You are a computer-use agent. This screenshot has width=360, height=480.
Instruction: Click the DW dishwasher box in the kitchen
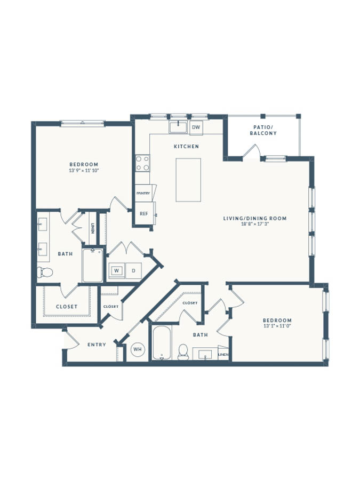tap(196, 127)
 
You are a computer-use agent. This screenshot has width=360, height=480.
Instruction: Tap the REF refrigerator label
tap(144, 214)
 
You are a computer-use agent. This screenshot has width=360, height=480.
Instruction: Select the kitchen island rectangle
tap(188, 180)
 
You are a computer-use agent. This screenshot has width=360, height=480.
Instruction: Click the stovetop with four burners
tap(142, 163)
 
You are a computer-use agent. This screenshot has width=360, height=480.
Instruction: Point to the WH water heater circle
tap(138, 349)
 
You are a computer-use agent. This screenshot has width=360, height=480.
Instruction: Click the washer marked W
tap(117, 270)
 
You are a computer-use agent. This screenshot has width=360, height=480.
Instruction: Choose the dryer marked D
tap(133, 270)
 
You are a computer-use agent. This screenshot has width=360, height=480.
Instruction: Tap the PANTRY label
tap(143, 193)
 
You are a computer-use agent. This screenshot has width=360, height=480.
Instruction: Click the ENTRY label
tap(97, 345)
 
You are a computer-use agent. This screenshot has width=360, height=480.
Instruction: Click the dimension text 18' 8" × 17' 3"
tap(255, 224)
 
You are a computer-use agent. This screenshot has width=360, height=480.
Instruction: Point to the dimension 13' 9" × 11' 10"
tap(84, 171)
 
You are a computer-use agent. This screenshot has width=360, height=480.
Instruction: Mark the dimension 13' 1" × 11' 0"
tap(277, 326)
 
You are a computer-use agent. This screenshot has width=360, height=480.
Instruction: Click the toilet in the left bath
tap(45, 272)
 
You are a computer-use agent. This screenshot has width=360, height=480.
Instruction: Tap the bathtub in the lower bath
tap(161, 343)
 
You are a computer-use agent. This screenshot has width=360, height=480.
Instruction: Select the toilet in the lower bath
tap(183, 352)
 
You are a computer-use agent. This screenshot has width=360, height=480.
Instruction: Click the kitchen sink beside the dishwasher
tap(178, 127)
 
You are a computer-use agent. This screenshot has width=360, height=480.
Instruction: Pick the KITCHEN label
tap(187, 147)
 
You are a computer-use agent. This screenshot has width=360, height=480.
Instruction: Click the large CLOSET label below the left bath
tap(67, 307)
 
